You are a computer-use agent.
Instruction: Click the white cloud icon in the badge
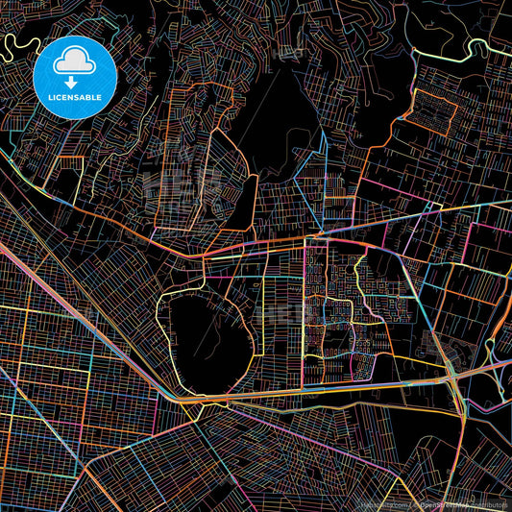pyautogui.click(x=74, y=60)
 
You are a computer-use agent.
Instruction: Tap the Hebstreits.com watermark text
pyautogui.click(x=382, y=503)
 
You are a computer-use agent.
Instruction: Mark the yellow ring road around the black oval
pyautogui.click(x=159, y=327)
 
